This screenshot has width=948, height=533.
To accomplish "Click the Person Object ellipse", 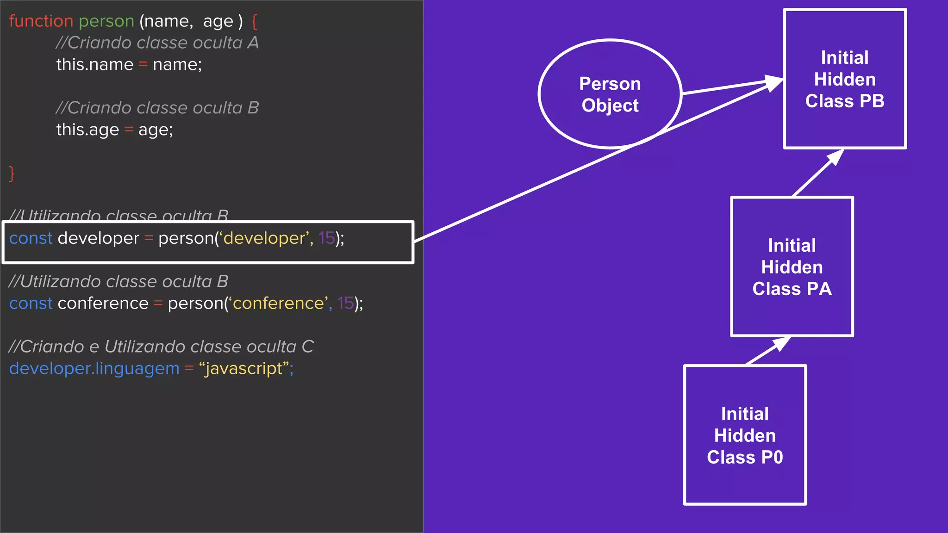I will [x=610, y=94].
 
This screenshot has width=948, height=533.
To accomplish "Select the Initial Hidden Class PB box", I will [x=844, y=79].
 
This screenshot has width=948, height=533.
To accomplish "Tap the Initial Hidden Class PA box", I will [x=792, y=267].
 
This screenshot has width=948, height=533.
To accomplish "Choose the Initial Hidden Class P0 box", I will [x=745, y=435].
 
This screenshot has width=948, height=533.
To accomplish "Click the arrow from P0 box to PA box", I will [x=767, y=351].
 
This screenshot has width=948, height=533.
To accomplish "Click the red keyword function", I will [x=41, y=21].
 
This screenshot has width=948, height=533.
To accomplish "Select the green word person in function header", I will [x=106, y=21].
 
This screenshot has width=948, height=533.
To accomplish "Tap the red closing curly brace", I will [x=12, y=174].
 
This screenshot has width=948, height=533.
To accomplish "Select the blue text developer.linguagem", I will [x=94, y=369].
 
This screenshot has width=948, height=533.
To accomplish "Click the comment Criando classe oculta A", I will [x=157, y=43].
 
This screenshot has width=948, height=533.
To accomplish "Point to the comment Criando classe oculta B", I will [x=157, y=108].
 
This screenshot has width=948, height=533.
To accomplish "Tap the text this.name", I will [x=94, y=64].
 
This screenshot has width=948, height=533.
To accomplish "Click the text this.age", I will [x=87, y=130].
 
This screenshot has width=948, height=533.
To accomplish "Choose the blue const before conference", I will [x=31, y=304].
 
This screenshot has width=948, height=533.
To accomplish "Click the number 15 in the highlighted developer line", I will [x=326, y=238].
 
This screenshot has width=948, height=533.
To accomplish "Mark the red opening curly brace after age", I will [x=254, y=21].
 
